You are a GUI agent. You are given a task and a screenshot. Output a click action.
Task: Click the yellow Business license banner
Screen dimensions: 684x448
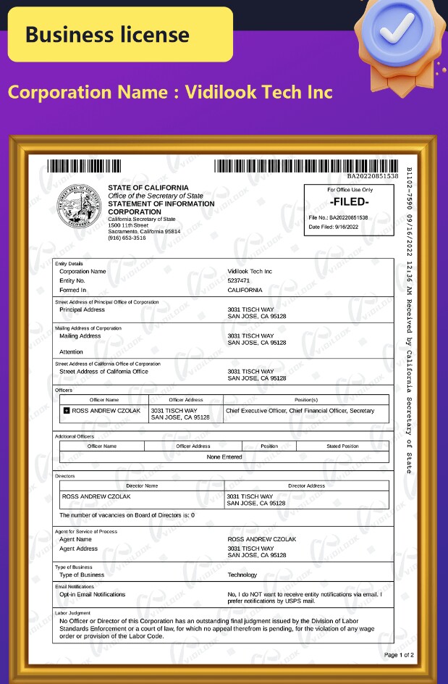[x=120, y=35]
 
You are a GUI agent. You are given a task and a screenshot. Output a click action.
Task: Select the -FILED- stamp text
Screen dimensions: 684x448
[x=350, y=202]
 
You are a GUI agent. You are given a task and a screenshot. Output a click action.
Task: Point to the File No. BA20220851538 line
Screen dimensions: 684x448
[x=339, y=217]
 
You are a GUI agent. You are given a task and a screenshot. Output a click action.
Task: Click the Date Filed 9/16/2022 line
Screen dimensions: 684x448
[x=335, y=227]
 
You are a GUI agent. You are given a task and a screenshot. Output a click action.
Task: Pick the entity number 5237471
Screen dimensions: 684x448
[x=239, y=280]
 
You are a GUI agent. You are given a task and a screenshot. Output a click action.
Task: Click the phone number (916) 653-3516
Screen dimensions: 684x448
[x=127, y=238]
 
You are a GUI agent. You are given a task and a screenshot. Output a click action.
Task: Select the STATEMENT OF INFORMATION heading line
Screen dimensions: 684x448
[x=161, y=204]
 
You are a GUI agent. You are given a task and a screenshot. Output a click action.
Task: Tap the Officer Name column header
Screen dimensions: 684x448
[x=104, y=400]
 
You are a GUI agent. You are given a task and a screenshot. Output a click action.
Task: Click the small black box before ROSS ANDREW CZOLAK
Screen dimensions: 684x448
[x=67, y=411]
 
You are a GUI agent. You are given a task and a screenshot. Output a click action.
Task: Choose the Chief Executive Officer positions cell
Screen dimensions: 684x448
[x=300, y=411]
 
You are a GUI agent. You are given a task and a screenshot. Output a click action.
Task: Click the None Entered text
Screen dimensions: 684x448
[x=224, y=457]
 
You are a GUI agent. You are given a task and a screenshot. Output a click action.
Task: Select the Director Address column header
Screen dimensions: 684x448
[x=306, y=485]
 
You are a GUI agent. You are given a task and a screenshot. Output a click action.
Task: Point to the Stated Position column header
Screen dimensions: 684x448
[x=342, y=446]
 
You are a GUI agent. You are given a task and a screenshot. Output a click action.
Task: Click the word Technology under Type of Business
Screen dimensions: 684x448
[x=242, y=575]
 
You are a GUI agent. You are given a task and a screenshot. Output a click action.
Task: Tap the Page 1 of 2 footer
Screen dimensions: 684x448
[x=399, y=655]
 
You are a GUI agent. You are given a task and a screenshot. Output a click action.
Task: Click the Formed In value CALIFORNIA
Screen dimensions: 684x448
[x=245, y=290]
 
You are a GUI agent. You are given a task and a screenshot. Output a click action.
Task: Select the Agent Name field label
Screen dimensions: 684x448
[x=75, y=539]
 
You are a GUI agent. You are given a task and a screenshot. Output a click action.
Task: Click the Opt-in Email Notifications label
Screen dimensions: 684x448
[x=92, y=594]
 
